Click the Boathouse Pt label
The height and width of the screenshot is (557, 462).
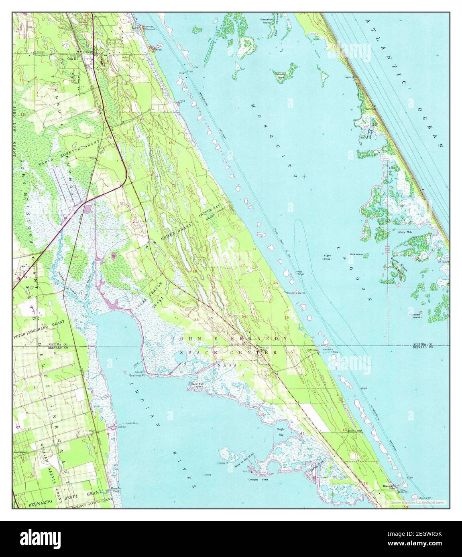(x=132, y=375)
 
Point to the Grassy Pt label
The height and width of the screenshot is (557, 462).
(x=223, y=462)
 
